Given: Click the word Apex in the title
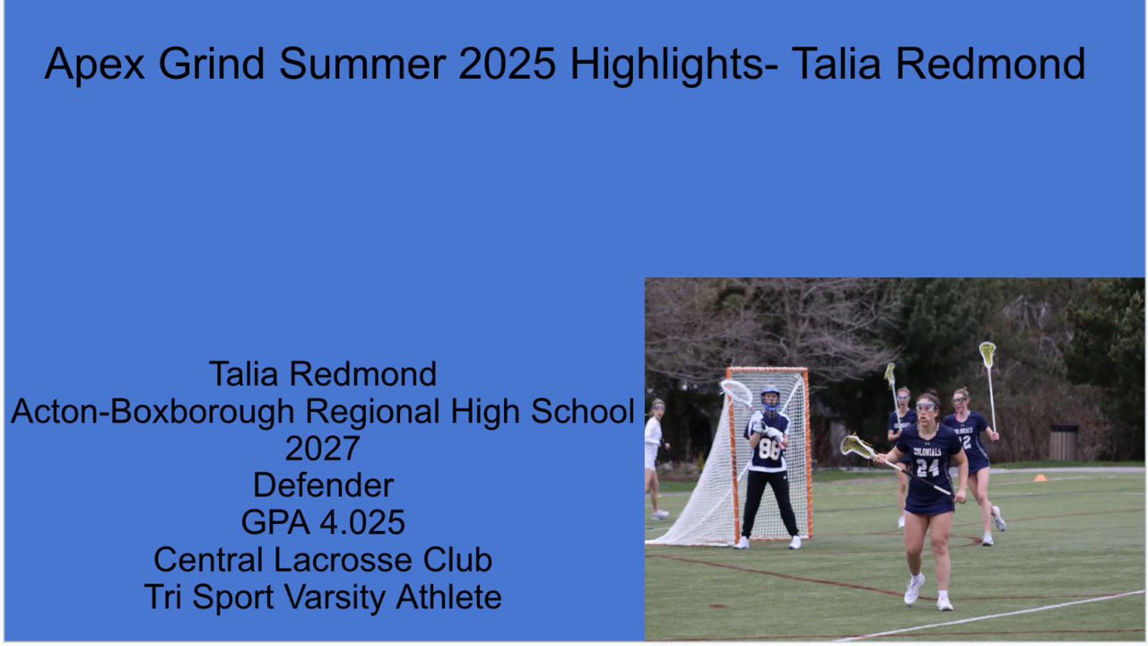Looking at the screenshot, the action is click(x=94, y=64).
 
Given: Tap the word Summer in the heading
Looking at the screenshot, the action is click(x=362, y=64).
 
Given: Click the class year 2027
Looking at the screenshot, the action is click(x=322, y=449).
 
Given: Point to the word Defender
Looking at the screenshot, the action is click(x=324, y=485).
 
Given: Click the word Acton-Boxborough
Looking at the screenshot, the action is click(x=152, y=411).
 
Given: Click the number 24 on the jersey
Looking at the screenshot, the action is click(x=927, y=467).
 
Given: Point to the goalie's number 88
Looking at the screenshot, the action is click(x=770, y=450).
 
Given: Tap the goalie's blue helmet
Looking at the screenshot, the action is click(x=770, y=398).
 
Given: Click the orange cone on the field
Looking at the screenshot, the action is click(x=1040, y=478).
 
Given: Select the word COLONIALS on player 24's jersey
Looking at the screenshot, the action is click(x=927, y=452).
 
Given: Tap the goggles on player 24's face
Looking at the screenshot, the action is click(x=926, y=407).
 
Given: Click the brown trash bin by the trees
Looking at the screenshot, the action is click(x=1064, y=442).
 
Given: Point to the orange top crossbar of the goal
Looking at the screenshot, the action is click(x=767, y=371).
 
